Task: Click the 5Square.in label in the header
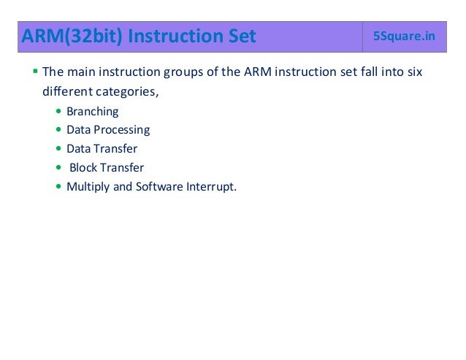coord(403,36)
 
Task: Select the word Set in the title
coord(242,36)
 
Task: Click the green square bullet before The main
coord(35,72)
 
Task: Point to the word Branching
coord(92,112)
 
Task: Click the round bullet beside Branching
coord(58,112)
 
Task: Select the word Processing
coord(122,130)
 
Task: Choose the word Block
coord(84,167)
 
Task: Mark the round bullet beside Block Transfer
coord(58,168)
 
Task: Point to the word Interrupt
coord(212,186)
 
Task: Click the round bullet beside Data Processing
coord(58,131)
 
